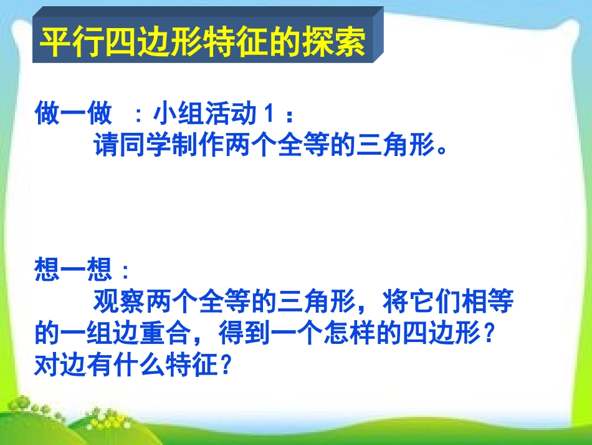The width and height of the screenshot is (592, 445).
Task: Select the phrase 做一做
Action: coord(74,115)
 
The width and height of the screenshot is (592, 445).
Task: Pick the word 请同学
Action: coord(132,147)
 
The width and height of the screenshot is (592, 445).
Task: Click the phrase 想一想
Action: coord(74,270)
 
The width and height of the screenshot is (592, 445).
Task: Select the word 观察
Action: coord(120,303)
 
